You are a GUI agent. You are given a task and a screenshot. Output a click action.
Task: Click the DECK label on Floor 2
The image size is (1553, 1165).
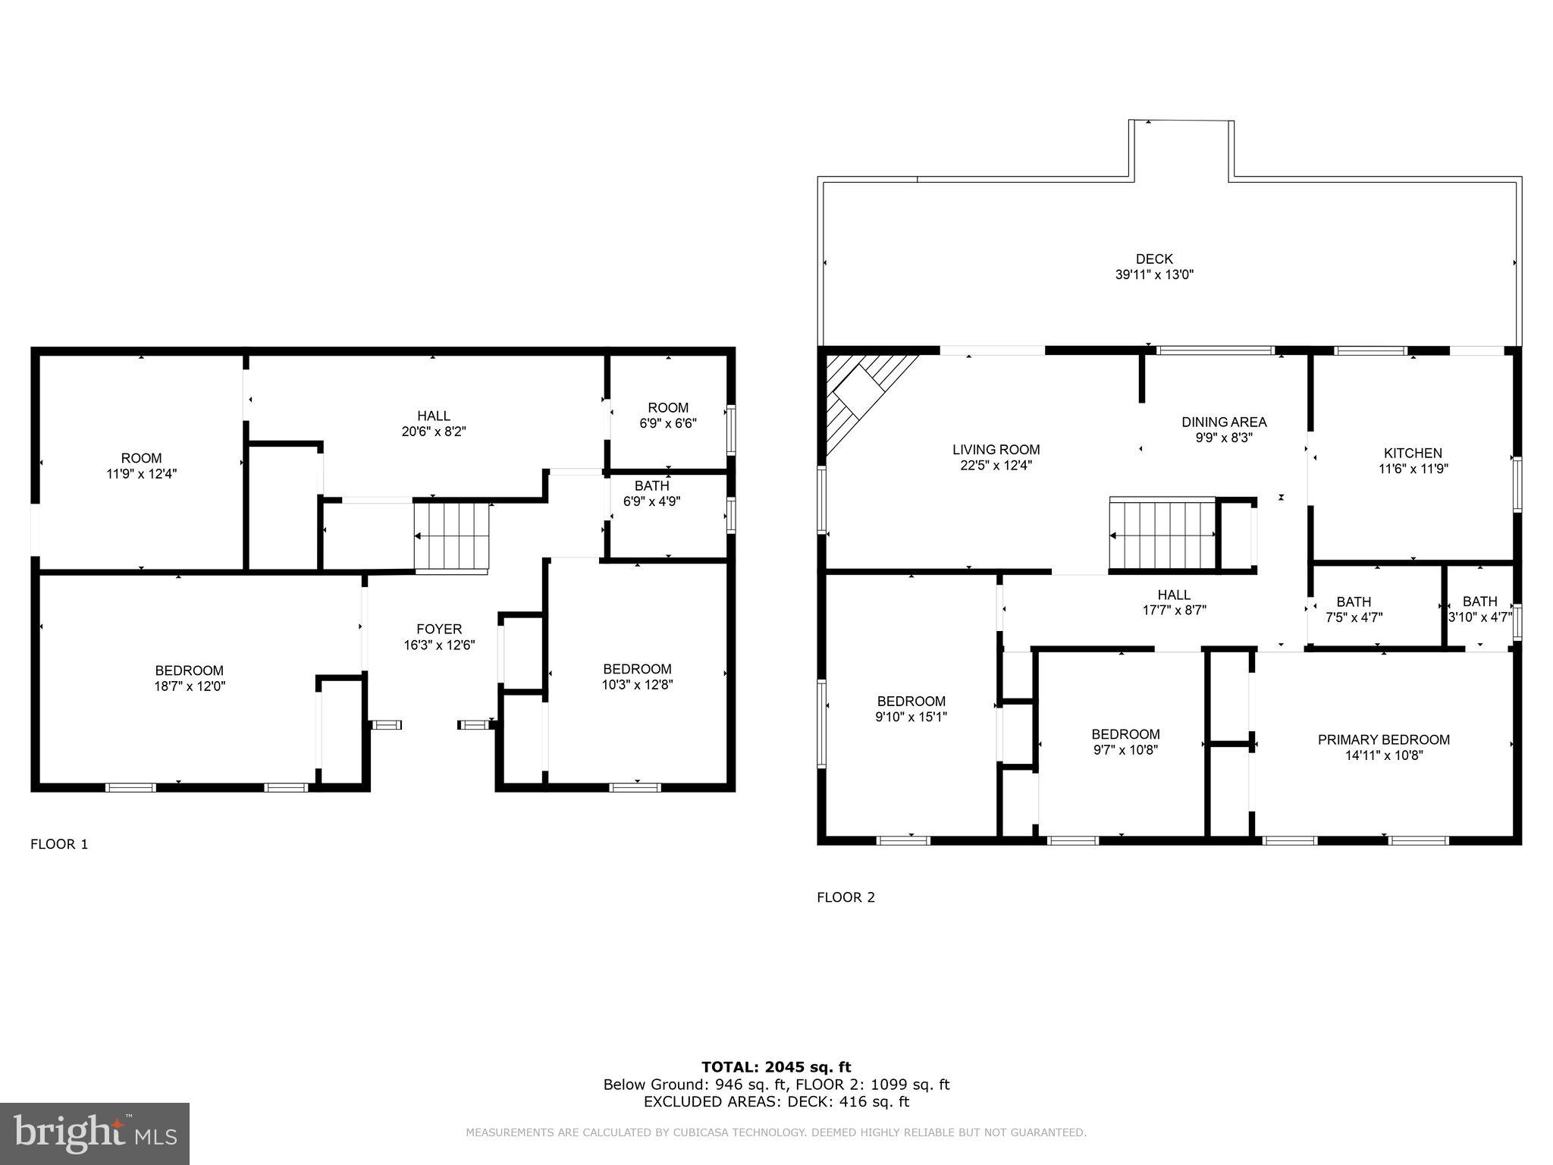pyautogui.click(x=1154, y=259)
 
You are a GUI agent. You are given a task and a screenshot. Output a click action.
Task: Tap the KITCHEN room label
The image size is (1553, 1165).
pyautogui.click(x=1413, y=454)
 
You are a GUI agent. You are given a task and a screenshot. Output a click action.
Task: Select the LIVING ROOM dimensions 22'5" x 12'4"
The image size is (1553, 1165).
pyautogui.click(x=996, y=466)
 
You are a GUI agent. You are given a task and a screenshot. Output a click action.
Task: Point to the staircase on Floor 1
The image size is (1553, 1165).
pyautogui.click(x=452, y=536)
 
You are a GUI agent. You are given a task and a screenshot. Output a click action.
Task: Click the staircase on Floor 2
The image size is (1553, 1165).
pyautogui.click(x=1162, y=534)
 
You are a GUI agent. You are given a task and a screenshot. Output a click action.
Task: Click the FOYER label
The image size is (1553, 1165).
pyautogui.click(x=439, y=629)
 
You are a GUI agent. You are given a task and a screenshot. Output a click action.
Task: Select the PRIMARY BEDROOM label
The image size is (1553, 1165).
pyautogui.click(x=1383, y=740)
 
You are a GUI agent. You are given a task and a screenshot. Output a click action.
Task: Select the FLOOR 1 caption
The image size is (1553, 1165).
pyautogui.click(x=59, y=844)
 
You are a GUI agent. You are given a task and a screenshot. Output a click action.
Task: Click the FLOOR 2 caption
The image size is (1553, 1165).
pyautogui.click(x=846, y=897)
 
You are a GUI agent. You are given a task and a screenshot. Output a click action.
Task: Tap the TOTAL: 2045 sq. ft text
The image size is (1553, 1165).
pyautogui.click(x=776, y=1067)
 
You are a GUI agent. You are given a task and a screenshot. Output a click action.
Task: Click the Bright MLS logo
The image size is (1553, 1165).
pyautogui.click(x=94, y=1133)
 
